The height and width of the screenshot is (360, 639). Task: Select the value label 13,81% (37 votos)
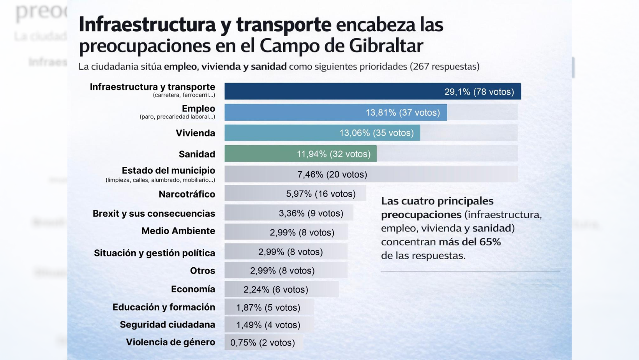point(402,113)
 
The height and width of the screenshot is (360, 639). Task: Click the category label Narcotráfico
point(187,194)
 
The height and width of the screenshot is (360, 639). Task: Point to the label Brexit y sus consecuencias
point(154,214)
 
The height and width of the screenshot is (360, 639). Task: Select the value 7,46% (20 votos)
point(332,175)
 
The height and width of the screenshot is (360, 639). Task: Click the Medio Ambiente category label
point(178,231)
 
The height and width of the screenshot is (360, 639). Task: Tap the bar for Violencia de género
point(263,342)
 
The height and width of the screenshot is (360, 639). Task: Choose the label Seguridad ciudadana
point(167,325)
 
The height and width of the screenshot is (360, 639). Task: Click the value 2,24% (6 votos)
point(275,289)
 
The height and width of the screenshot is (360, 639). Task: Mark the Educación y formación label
point(164,307)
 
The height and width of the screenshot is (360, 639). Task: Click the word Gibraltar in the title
point(386,46)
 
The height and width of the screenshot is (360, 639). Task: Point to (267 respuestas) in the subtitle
point(444,67)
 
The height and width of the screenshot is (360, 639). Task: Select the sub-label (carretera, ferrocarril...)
point(184,95)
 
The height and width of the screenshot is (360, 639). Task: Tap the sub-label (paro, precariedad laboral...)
point(177,117)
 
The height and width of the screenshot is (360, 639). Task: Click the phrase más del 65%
point(470,242)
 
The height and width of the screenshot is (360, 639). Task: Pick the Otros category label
point(202,271)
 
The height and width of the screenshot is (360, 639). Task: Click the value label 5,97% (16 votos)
point(321,194)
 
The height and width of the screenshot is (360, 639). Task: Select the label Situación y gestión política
point(154,253)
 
